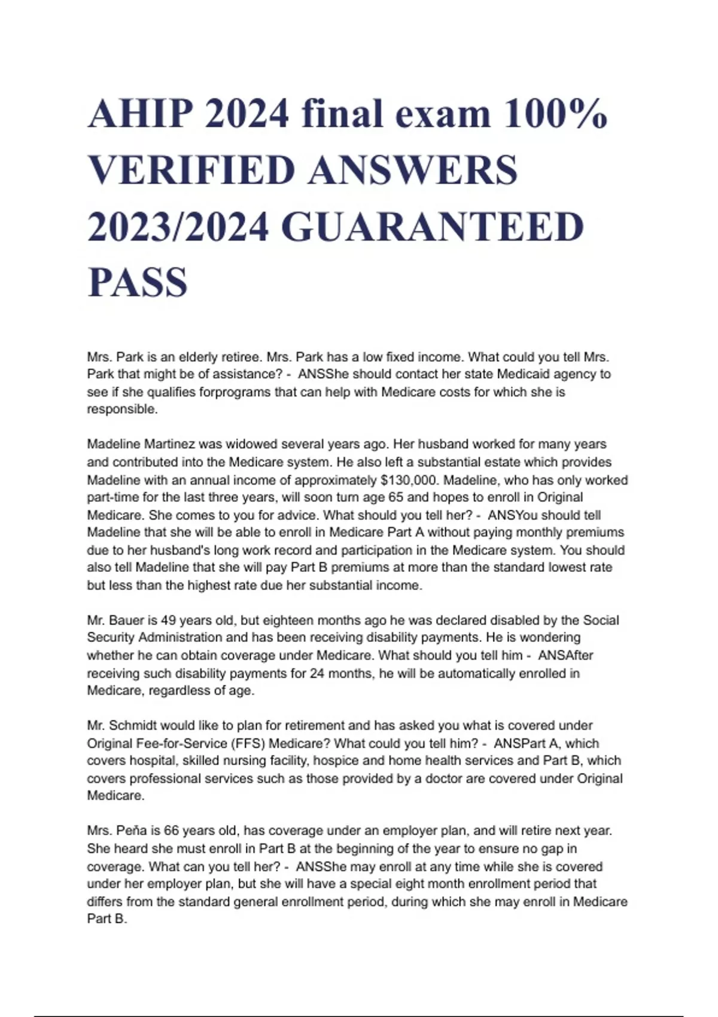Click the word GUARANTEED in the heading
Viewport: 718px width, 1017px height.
432,227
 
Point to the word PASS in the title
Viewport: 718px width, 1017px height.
138,282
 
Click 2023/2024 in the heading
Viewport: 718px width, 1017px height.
178,227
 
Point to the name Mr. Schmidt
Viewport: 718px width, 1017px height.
119,726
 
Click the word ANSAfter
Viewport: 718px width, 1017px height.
565,656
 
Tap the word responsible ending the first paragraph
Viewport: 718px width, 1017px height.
122,410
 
